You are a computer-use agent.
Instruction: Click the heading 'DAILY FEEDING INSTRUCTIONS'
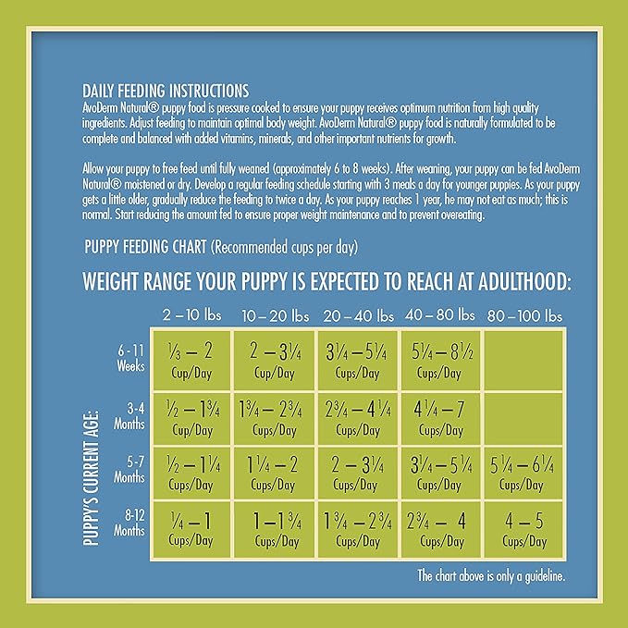click(165, 91)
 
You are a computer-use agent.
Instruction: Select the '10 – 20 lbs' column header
click(277, 314)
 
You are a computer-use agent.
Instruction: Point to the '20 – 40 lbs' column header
click(358, 314)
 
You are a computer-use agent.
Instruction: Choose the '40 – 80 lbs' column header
click(439, 314)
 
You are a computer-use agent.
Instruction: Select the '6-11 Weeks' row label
click(129, 359)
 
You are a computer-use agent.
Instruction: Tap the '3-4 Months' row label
click(129, 415)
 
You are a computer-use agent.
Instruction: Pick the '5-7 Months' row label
click(129, 472)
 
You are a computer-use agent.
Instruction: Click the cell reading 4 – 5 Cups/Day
click(523, 528)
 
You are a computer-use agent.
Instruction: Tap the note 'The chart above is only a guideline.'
click(489, 575)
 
